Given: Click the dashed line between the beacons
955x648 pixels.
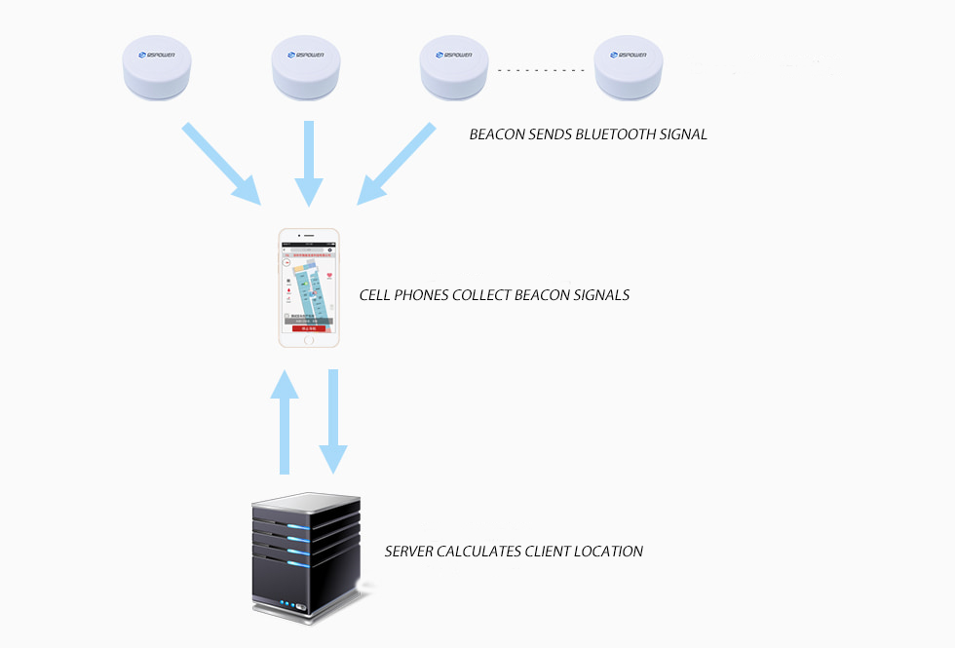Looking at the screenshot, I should pos(541,69).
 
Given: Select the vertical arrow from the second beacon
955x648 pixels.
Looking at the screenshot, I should pos(309,161).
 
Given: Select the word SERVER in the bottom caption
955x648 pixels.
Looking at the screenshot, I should pos(411,552).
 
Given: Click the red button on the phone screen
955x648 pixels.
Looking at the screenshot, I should pos(310,328).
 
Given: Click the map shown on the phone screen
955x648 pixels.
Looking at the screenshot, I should pos(310,285).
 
